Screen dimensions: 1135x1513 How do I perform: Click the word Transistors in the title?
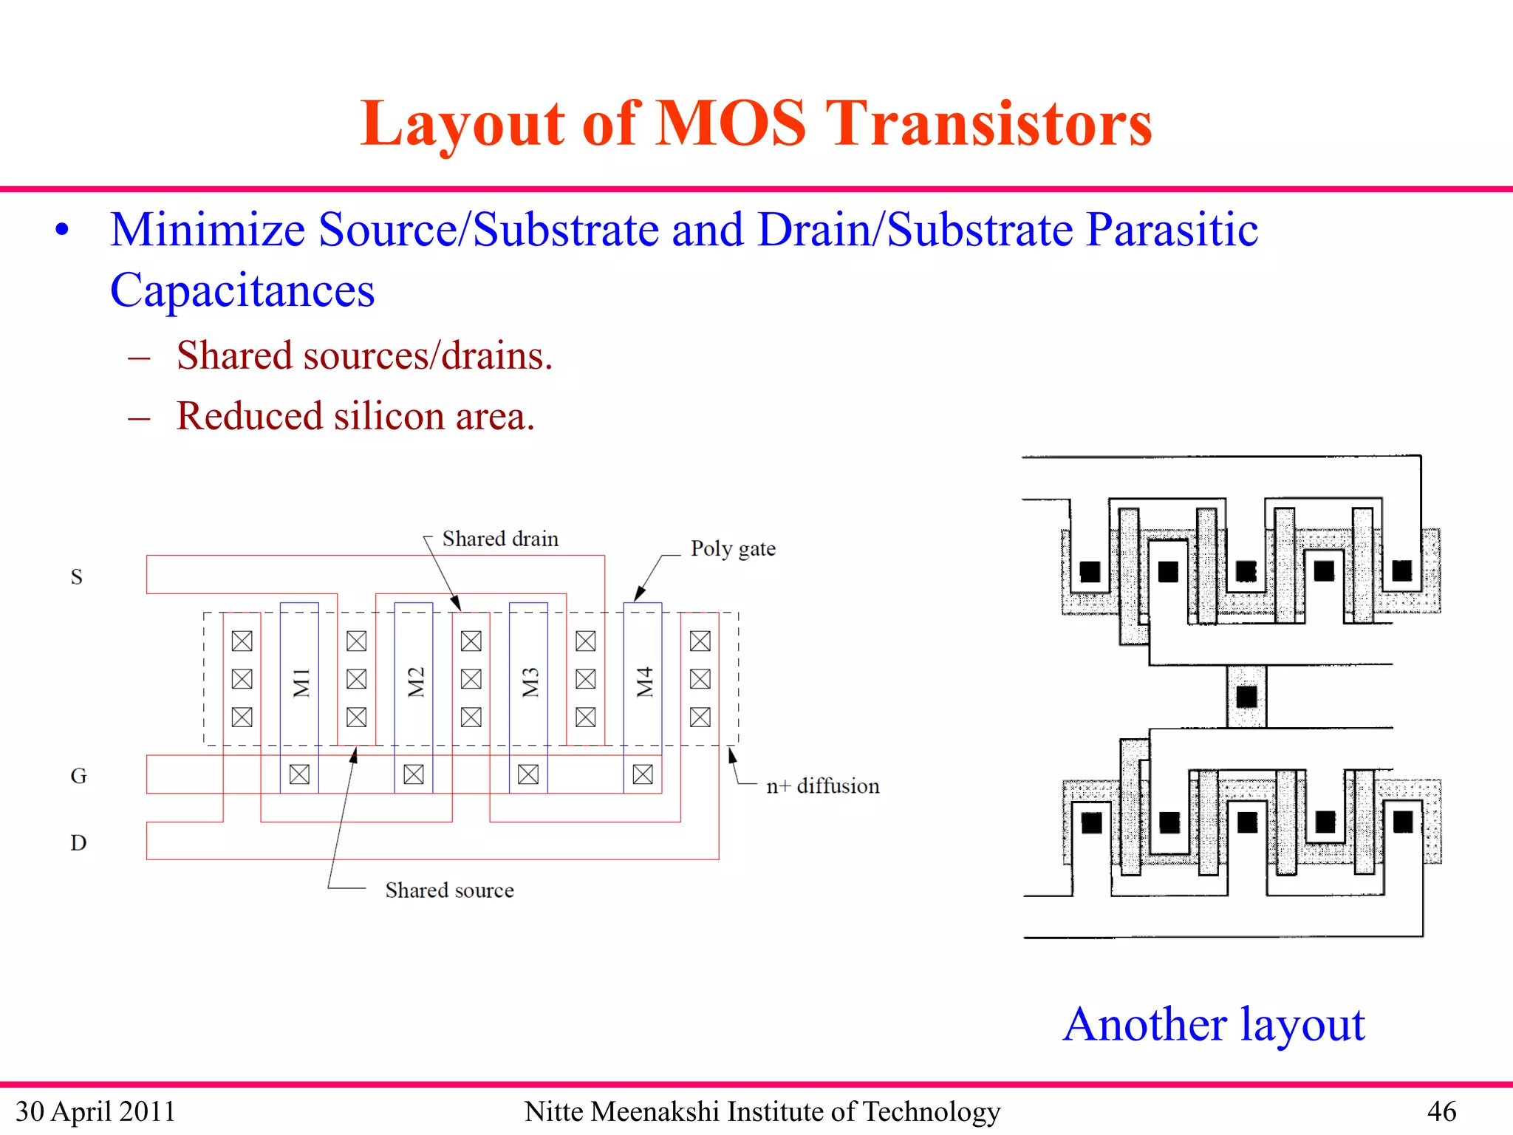point(988,123)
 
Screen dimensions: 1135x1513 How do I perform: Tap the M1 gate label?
point(301,682)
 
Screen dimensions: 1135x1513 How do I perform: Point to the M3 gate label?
point(530,682)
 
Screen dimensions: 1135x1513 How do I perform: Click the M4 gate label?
point(644,682)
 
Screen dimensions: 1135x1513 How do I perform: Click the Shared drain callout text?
point(500,539)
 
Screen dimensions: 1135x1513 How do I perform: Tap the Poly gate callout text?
point(733,548)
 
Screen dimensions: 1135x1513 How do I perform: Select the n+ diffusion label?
point(822,786)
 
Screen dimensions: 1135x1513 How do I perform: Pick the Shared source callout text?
point(449,890)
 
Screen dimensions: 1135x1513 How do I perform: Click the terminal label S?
point(76,577)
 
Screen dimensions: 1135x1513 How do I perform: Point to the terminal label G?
point(78,776)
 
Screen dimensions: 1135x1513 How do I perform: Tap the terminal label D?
point(78,842)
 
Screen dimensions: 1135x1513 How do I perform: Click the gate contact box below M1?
point(299,774)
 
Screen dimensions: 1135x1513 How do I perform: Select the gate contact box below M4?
point(643,774)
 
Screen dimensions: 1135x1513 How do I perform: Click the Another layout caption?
point(1214,1025)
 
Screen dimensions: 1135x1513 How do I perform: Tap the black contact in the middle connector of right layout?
point(1246,696)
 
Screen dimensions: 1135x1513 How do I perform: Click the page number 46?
point(1441,1111)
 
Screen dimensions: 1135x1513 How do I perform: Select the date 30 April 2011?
point(95,1111)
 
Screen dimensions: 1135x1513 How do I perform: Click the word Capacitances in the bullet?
point(242,290)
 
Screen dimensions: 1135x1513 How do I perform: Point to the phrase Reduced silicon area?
point(355,416)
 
